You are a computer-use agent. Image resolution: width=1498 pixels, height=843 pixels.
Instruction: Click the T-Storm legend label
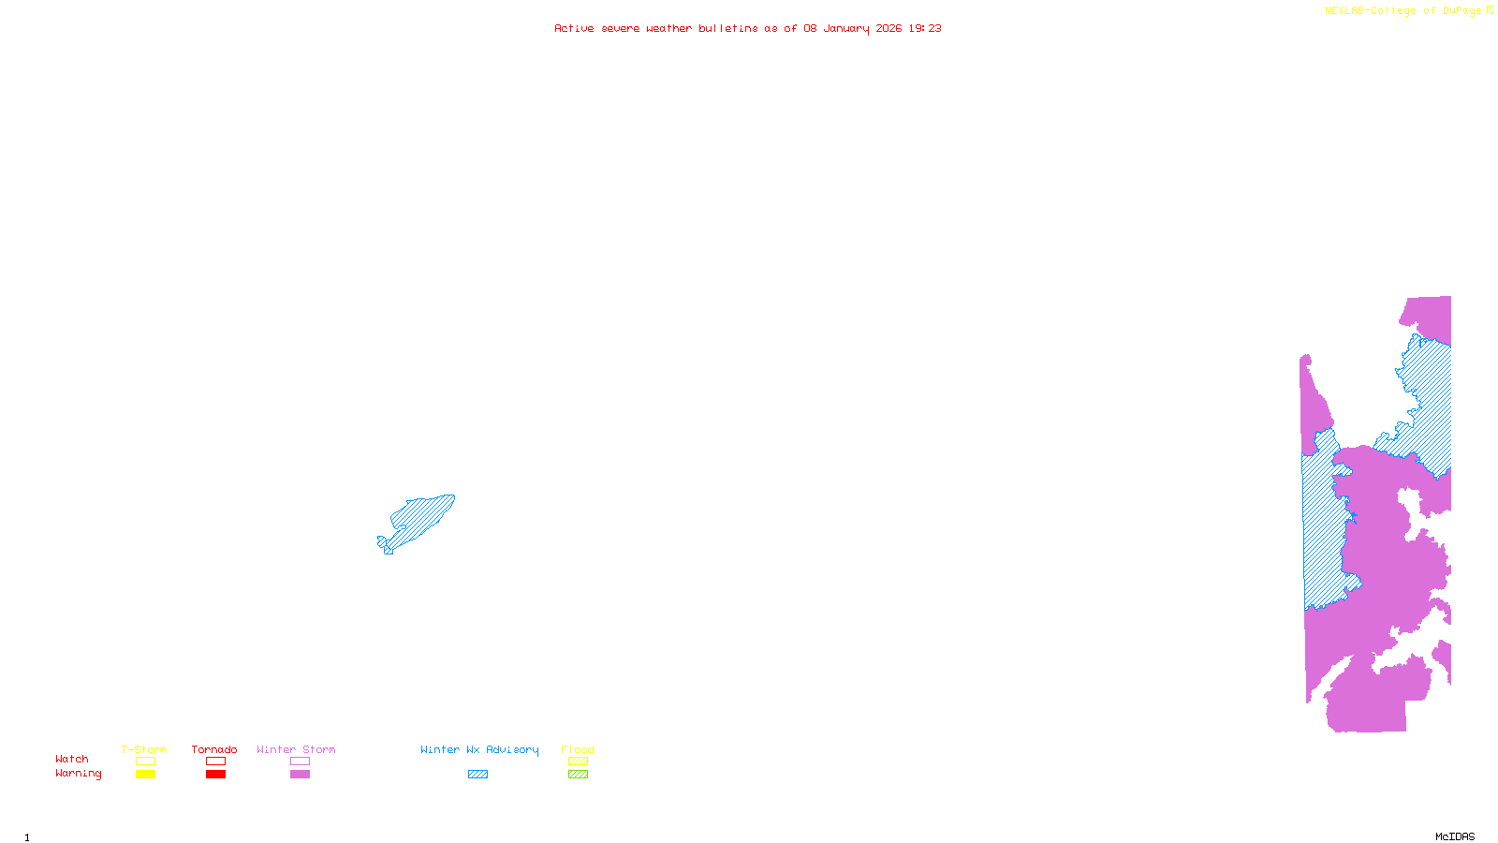(x=144, y=749)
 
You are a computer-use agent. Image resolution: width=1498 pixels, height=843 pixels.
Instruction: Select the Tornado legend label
(x=214, y=749)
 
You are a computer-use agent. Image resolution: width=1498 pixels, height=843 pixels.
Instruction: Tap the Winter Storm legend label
(x=296, y=749)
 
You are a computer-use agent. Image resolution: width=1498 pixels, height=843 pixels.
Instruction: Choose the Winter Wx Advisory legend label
(x=479, y=749)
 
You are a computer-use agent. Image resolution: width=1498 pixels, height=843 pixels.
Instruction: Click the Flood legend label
(x=578, y=749)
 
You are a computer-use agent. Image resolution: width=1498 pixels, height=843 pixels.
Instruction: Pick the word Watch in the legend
(x=72, y=760)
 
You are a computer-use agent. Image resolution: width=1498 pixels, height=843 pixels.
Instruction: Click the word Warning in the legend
(x=79, y=774)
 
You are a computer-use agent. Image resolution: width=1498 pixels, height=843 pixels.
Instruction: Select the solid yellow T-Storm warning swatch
(x=145, y=775)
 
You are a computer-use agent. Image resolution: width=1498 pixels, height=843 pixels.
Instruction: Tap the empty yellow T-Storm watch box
(x=145, y=762)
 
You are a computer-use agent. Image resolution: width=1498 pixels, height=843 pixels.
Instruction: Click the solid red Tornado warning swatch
(x=216, y=775)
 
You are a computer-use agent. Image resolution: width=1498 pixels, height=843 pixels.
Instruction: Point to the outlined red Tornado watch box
(x=216, y=762)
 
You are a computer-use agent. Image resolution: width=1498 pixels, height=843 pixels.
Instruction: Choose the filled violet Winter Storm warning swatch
(x=300, y=775)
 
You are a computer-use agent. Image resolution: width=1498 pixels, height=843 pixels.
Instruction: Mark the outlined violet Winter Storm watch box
(x=300, y=762)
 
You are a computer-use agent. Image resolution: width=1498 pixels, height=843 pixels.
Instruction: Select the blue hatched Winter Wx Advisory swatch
(x=477, y=775)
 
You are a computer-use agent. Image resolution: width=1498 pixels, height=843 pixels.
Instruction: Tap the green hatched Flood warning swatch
(x=579, y=775)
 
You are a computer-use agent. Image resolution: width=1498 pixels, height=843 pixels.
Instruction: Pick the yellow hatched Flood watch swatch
(x=579, y=762)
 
